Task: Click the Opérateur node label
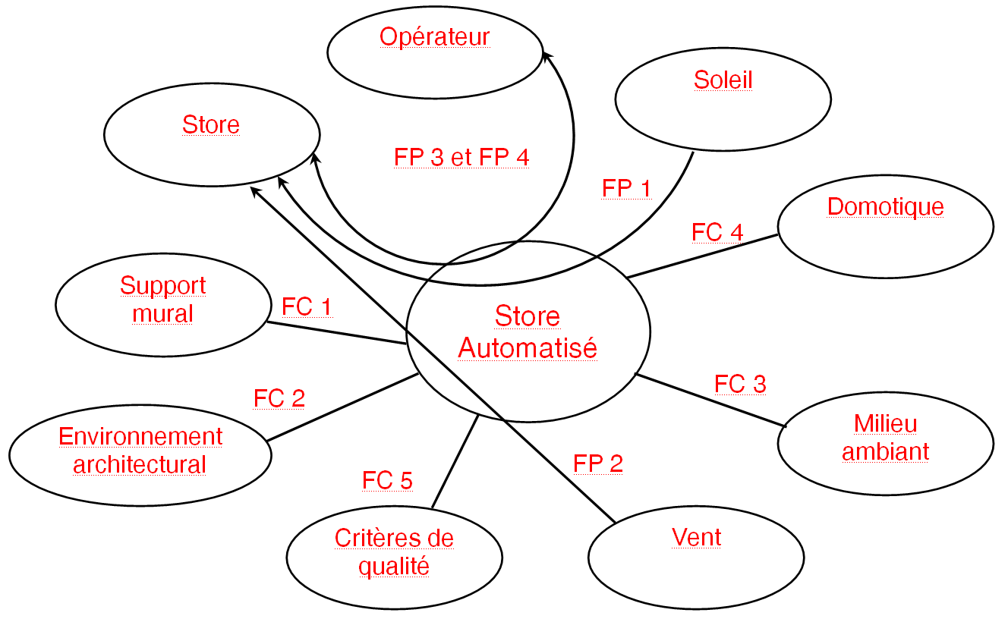[x=435, y=37]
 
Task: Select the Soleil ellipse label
[x=723, y=80]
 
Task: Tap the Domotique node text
[x=885, y=206]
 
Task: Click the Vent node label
[x=696, y=537]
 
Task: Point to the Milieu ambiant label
[x=885, y=438]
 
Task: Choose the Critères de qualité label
[x=394, y=552]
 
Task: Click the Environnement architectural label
[x=140, y=451]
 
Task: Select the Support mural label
[x=162, y=300]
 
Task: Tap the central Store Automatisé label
[x=528, y=331]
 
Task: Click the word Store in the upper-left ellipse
[x=211, y=125]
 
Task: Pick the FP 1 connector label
[x=626, y=188]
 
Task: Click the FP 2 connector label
[x=598, y=463]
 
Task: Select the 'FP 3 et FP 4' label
[x=461, y=157]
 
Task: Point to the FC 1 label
[x=307, y=307]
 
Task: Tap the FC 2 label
[x=279, y=398]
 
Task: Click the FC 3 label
[x=740, y=385]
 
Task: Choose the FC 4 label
[x=717, y=232]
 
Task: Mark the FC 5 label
[x=387, y=480]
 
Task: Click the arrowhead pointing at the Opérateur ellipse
[x=546, y=55]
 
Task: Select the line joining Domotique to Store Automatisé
[x=702, y=256]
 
